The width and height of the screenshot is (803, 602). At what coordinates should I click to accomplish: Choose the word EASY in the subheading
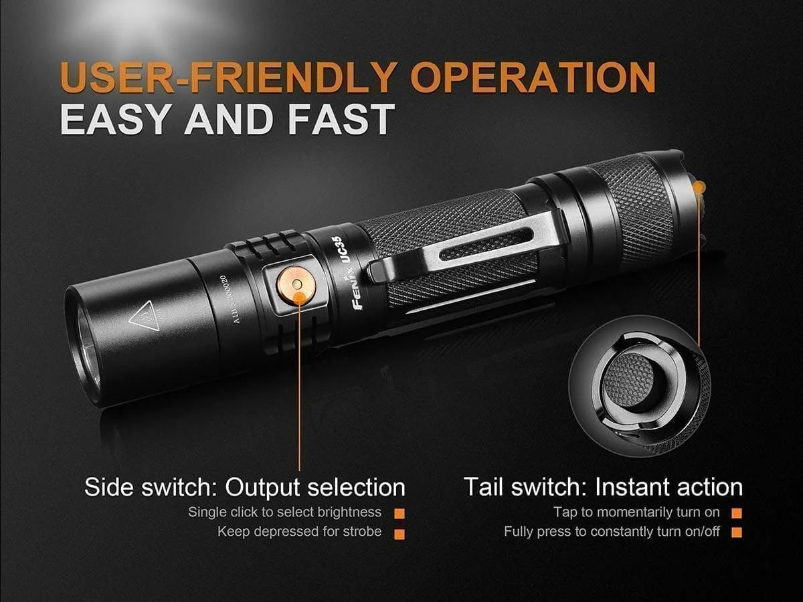click(x=117, y=118)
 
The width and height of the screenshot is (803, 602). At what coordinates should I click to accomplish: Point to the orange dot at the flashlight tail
click(x=699, y=188)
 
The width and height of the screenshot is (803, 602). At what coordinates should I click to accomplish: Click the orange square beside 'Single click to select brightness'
click(x=399, y=514)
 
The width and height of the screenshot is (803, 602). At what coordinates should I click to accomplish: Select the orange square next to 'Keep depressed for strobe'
click(x=399, y=534)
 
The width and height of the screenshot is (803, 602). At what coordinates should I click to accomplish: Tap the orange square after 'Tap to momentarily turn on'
click(x=737, y=514)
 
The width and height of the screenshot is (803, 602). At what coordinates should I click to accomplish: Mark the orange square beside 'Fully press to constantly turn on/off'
click(x=737, y=534)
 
